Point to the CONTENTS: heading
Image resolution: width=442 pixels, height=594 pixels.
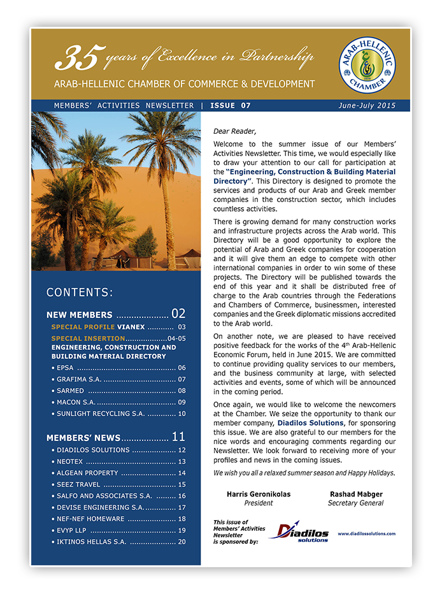pyautogui.click(x=80, y=293)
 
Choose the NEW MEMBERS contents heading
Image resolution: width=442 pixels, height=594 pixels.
pyautogui.click(x=80, y=315)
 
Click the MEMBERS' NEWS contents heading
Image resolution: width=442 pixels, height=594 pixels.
pyautogui.click(x=83, y=438)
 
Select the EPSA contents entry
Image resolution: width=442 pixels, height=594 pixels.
pyautogui.click(x=65, y=368)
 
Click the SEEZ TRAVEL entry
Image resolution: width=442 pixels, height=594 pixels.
pyautogui.click(x=78, y=484)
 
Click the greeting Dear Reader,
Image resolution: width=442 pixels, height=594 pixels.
pyautogui.click(x=234, y=131)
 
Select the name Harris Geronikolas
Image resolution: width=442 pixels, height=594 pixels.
pyautogui.click(x=259, y=494)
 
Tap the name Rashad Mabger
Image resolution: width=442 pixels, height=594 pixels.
pyautogui.click(x=355, y=494)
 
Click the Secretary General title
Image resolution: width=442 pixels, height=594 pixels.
pyautogui.click(x=355, y=503)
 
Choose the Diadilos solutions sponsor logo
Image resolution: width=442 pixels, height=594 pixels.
pyautogui.click(x=299, y=532)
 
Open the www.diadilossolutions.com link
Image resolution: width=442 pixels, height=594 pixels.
pyautogui.click(x=366, y=533)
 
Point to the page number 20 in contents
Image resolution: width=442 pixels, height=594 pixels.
pyautogui.click(x=182, y=542)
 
